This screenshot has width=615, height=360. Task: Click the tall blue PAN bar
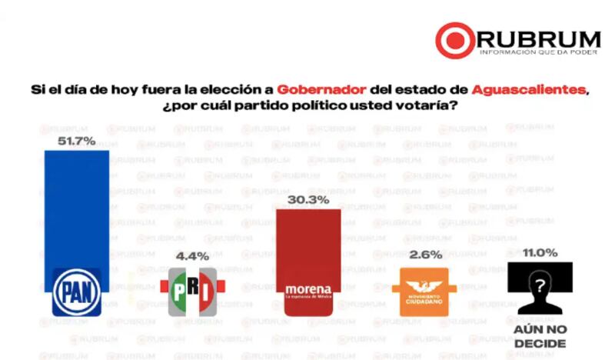coord(76,208)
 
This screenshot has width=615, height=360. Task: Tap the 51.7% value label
coord(76,141)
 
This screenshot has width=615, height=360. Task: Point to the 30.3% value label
coord(307,200)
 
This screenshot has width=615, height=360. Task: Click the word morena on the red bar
coord(307,289)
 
